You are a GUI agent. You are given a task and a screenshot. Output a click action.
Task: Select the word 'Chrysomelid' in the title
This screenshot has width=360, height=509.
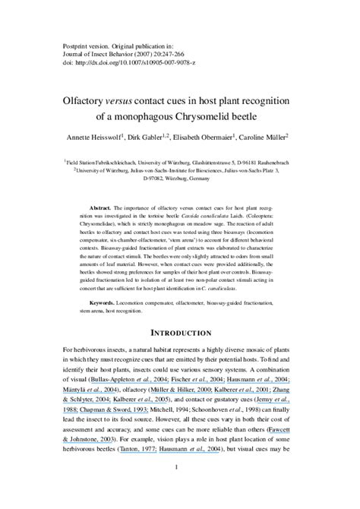[x=210, y=117]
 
